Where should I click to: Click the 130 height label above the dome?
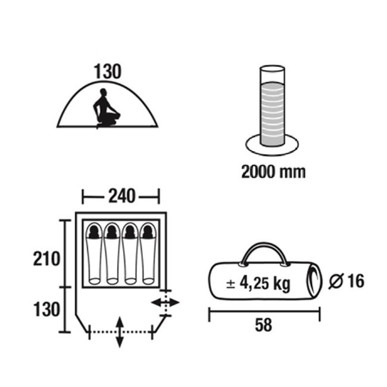(x=108, y=71)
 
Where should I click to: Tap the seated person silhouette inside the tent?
(x=106, y=108)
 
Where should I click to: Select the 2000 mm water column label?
(x=273, y=171)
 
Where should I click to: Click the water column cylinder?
(x=272, y=106)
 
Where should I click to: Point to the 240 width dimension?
(x=122, y=196)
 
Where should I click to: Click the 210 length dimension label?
(x=46, y=259)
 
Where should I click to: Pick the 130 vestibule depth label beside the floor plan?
(x=46, y=310)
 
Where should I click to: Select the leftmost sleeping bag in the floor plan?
(x=94, y=254)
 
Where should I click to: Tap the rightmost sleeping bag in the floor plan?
(x=148, y=254)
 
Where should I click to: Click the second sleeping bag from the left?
(x=113, y=254)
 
